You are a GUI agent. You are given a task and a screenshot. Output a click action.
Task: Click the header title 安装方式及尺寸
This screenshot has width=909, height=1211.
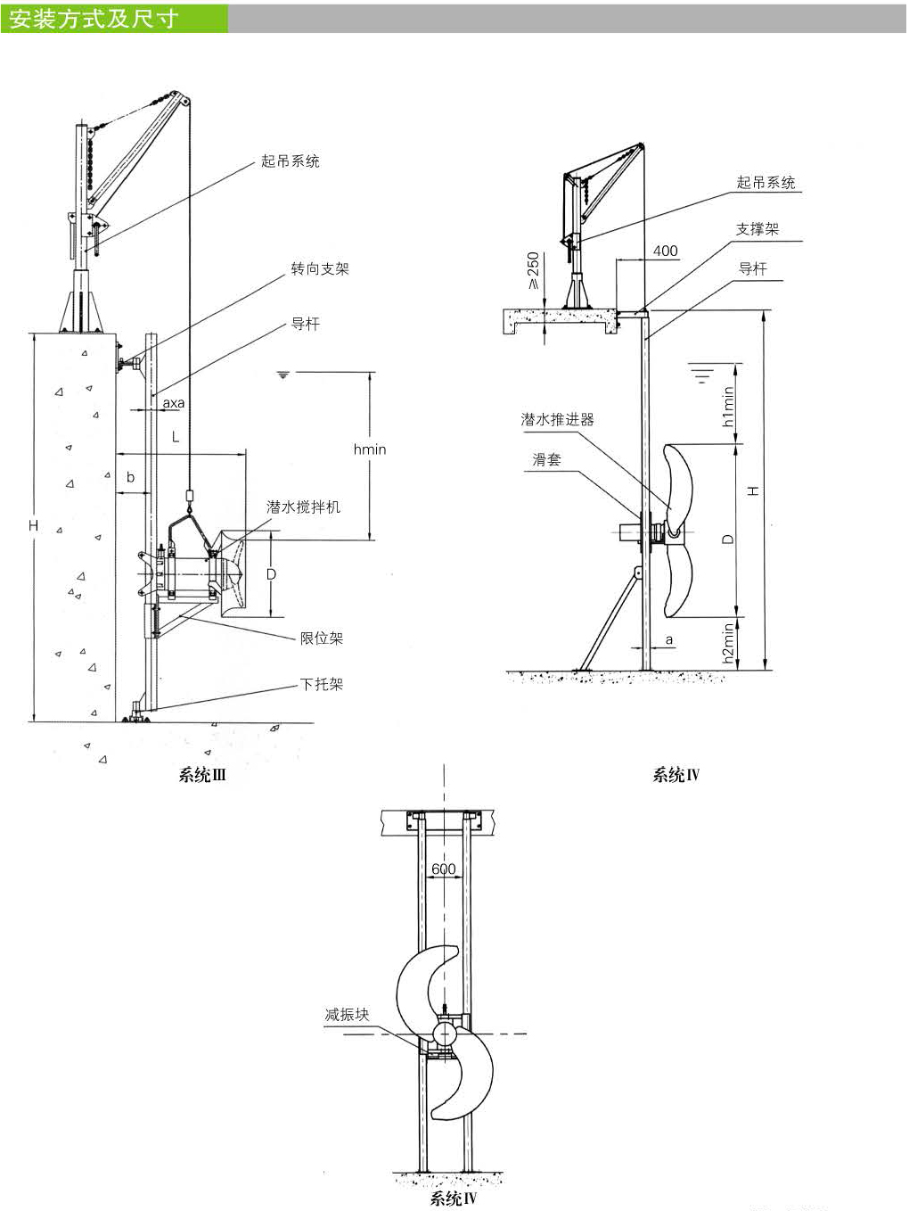coord(94,18)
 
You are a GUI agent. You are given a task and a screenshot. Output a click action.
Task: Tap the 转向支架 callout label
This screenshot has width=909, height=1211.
coord(319,268)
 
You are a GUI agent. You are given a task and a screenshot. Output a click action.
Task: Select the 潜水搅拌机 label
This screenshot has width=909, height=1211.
coord(303,507)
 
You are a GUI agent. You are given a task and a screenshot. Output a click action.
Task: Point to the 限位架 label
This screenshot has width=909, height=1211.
coord(321,638)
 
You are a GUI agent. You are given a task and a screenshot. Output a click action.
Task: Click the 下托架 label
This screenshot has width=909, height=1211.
coord(321,684)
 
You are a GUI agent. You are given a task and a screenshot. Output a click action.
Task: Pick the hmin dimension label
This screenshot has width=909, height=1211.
coord(370,449)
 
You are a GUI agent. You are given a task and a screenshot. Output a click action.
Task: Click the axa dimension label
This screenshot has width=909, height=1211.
coord(173,403)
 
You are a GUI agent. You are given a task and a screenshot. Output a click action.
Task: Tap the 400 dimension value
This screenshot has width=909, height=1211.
coord(665,251)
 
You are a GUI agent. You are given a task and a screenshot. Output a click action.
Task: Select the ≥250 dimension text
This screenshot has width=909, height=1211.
coord(533,270)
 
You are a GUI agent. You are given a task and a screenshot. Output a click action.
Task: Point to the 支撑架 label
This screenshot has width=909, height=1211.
coord(757,229)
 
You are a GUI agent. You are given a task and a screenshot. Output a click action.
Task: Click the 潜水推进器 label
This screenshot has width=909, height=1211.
coord(557,419)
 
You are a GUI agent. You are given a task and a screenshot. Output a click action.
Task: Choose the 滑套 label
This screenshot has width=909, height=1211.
coord(546,459)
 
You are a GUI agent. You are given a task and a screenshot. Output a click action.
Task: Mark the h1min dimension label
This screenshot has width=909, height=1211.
coord(729,407)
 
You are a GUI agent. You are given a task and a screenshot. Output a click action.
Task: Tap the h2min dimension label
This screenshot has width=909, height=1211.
coord(729,642)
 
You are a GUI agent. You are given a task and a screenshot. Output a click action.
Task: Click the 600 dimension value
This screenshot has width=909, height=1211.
coord(443,869)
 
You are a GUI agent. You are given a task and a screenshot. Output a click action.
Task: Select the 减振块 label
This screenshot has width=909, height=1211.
coord(347,1014)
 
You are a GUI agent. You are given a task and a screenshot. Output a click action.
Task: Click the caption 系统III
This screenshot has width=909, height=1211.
coord(202,775)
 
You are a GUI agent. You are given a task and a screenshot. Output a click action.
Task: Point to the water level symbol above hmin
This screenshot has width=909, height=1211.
coord(283,375)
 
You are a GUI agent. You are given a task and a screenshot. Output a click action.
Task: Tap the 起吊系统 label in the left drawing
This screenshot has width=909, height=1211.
coord(290,161)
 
